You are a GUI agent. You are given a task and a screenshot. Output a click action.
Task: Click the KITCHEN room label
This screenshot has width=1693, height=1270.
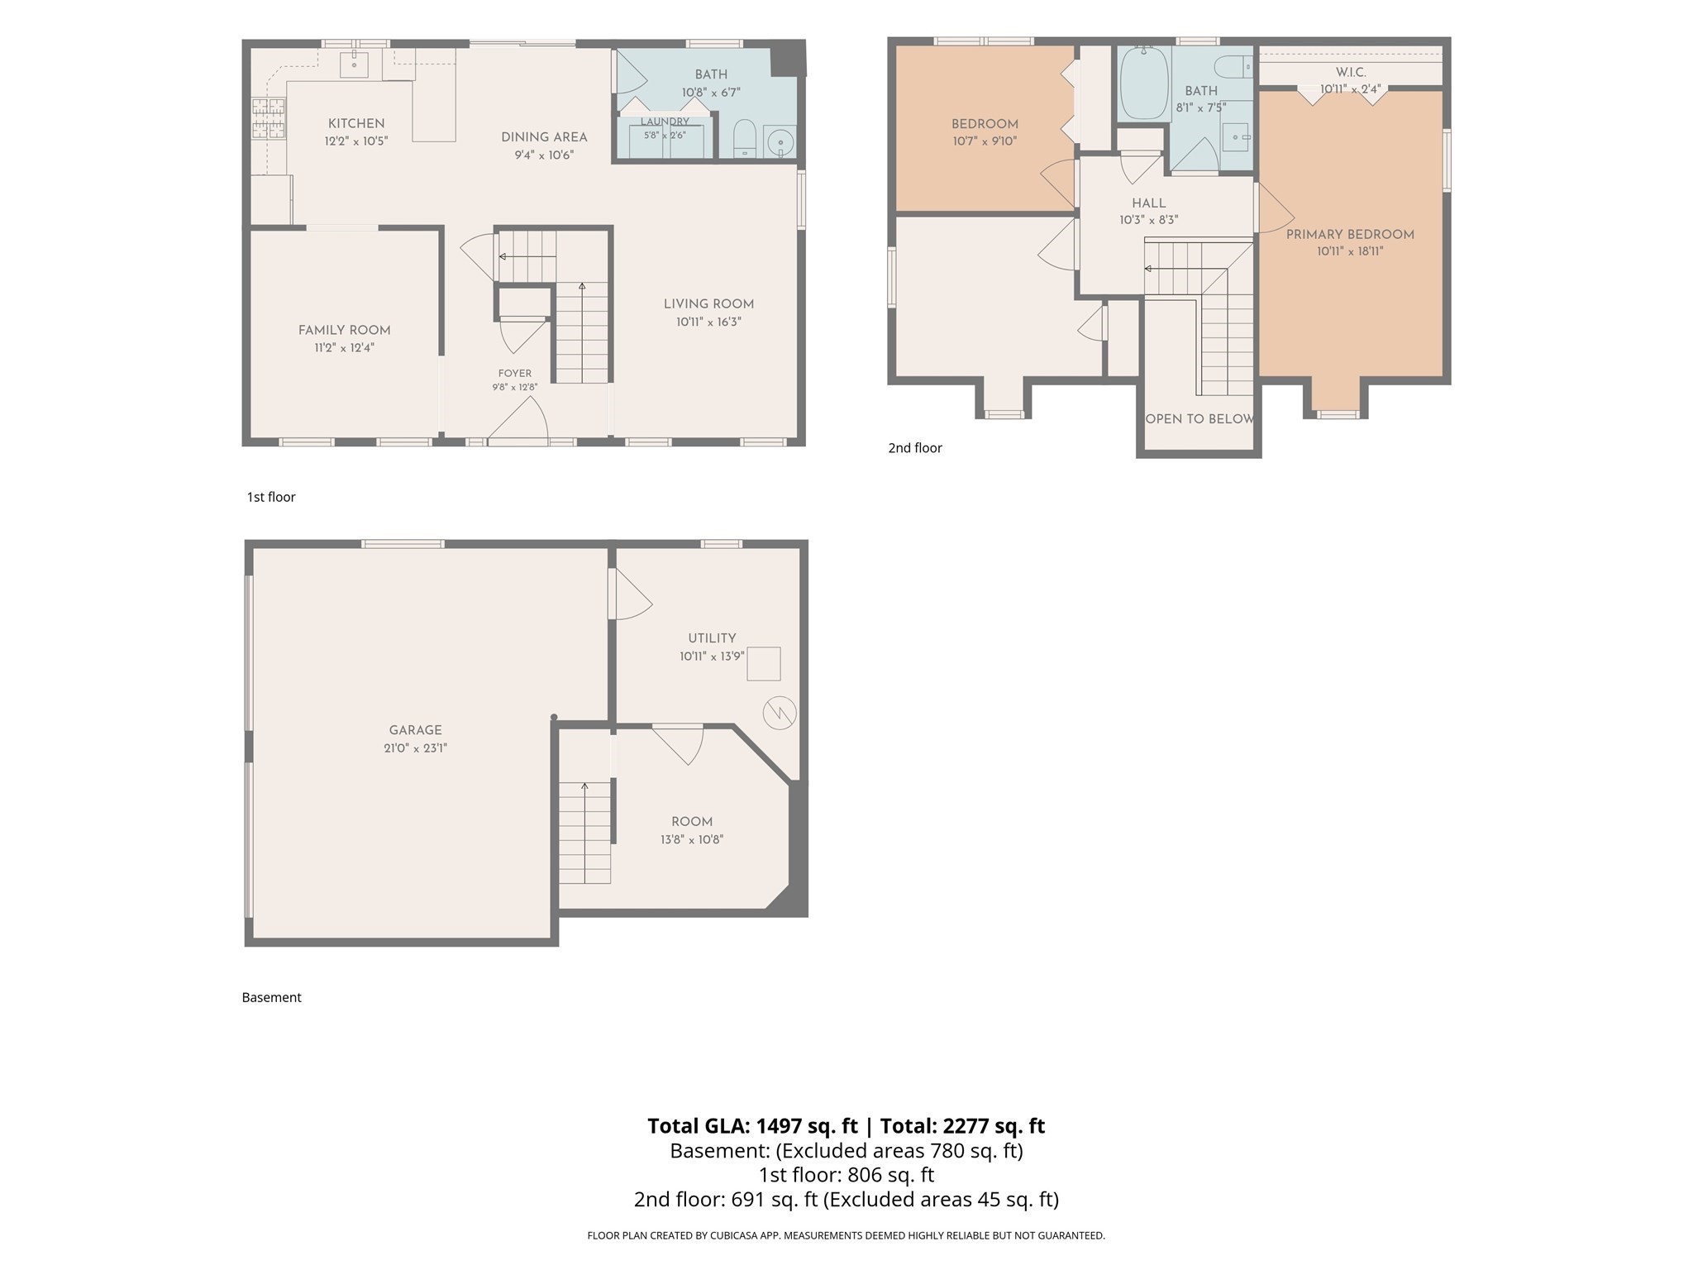(356, 123)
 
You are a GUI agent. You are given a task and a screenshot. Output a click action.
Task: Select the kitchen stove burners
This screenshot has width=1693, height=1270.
(268, 118)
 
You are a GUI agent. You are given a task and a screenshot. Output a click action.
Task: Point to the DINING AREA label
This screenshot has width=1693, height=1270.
(544, 137)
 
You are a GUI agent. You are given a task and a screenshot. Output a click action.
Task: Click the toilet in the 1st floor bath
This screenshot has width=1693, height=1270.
(745, 139)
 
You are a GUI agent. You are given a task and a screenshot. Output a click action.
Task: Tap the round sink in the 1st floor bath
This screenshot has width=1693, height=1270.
(779, 142)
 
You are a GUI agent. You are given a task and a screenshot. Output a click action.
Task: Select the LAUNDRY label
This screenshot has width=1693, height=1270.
(665, 122)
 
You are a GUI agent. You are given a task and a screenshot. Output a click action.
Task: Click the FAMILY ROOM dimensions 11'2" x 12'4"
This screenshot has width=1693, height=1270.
(344, 348)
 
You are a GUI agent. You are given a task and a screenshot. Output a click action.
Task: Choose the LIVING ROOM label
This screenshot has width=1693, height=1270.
(708, 304)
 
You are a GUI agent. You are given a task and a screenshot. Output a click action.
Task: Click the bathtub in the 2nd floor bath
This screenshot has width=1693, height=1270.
(1144, 84)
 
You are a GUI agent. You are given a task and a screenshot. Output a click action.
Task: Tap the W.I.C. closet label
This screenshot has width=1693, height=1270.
(1350, 73)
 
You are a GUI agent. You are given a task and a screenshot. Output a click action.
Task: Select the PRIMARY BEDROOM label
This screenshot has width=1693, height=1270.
(1350, 235)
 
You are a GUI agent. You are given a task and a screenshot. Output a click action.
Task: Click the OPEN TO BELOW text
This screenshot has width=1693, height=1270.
(1199, 419)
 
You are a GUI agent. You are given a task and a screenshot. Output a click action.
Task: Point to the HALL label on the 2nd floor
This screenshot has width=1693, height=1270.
(1149, 203)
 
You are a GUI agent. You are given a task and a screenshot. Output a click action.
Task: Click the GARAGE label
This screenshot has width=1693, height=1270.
(415, 730)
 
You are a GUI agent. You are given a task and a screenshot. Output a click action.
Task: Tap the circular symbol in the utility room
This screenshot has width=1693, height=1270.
(780, 713)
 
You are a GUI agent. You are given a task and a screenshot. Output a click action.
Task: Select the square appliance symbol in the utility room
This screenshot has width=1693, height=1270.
(764, 664)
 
